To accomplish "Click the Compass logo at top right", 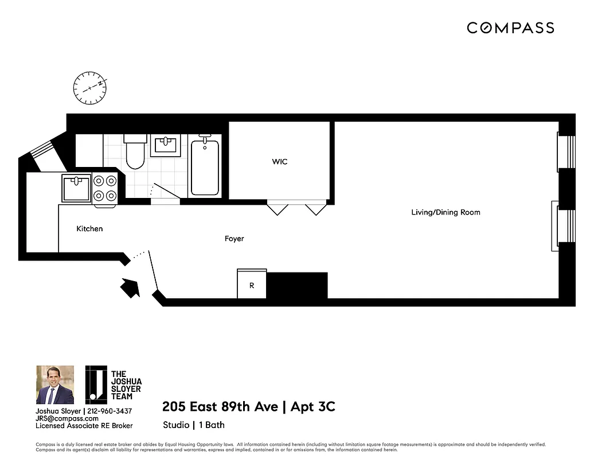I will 510,28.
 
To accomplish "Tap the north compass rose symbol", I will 91,88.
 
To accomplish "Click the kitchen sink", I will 76,188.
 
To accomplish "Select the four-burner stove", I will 105,188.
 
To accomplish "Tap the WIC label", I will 280,162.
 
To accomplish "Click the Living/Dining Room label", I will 445,212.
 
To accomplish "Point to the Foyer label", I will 234,239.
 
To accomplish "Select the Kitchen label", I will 90,229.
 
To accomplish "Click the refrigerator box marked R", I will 252,285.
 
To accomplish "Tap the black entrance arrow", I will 130,286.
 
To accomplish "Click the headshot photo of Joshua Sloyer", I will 55,385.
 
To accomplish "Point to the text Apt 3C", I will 313,407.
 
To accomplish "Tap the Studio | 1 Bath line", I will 194,425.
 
